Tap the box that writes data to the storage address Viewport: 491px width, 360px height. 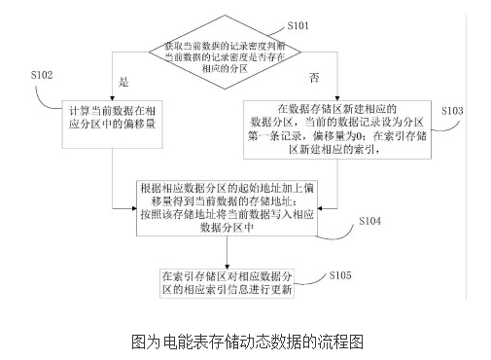point(229,207)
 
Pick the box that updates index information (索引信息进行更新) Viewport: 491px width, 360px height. point(228,281)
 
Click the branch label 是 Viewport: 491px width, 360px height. point(123,85)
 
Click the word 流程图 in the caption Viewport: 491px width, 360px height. point(340,342)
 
